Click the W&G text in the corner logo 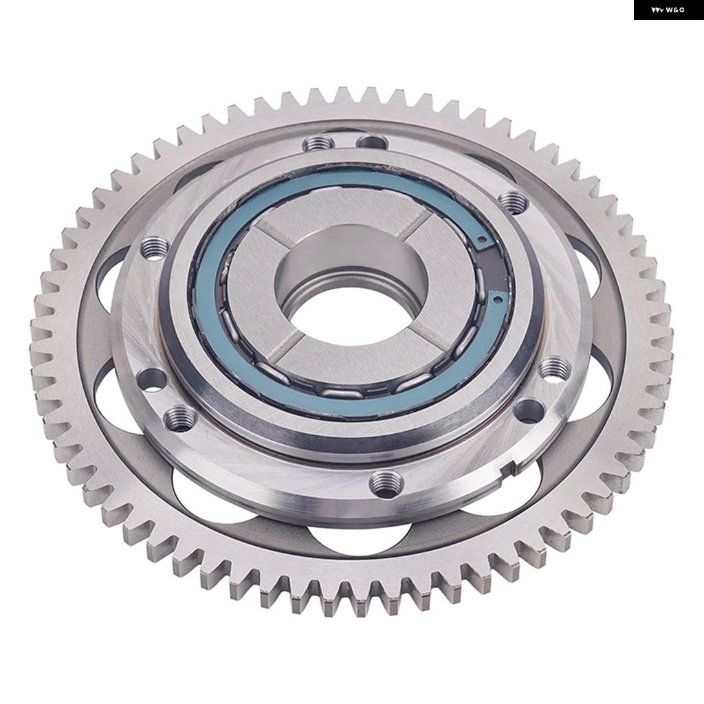point(675,10)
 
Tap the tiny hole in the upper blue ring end point(482,239)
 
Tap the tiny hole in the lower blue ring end point(497,297)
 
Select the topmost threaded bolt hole point(319,143)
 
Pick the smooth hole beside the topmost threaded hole point(372,142)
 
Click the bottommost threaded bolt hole point(386,483)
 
